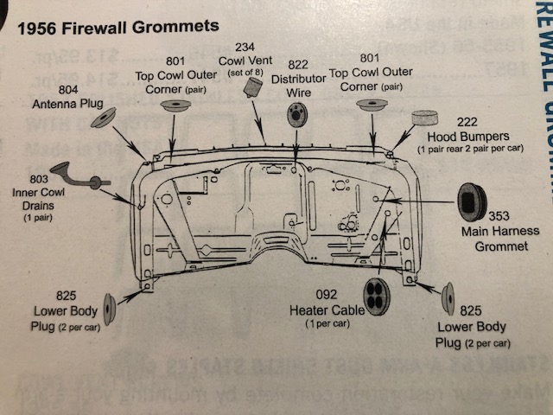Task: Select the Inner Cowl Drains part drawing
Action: pos(74,177)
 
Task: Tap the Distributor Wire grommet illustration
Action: pos(296,113)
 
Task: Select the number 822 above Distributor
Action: pos(298,63)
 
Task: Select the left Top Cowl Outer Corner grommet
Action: pos(176,107)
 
